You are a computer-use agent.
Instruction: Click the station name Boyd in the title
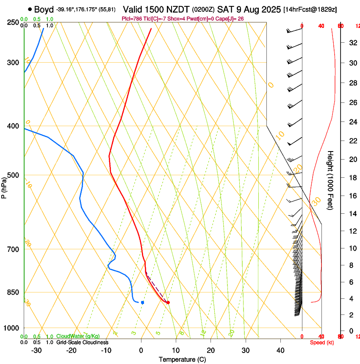(44, 9)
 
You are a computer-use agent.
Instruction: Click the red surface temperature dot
(168, 302)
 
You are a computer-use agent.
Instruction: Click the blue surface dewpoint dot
(142, 302)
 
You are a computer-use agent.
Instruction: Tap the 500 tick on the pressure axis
(13, 175)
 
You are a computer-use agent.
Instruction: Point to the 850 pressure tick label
(13, 292)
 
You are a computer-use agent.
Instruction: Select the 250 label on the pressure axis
(13, 22)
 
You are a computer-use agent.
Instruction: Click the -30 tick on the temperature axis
(36, 350)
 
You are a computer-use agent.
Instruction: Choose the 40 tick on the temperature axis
(280, 350)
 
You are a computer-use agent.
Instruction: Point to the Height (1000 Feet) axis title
(330, 180)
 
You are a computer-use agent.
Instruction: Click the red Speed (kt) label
(322, 342)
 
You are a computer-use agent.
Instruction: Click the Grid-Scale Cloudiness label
(82, 342)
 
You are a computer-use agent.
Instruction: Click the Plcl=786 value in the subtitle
(132, 19)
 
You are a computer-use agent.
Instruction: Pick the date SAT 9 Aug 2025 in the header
(249, 9)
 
